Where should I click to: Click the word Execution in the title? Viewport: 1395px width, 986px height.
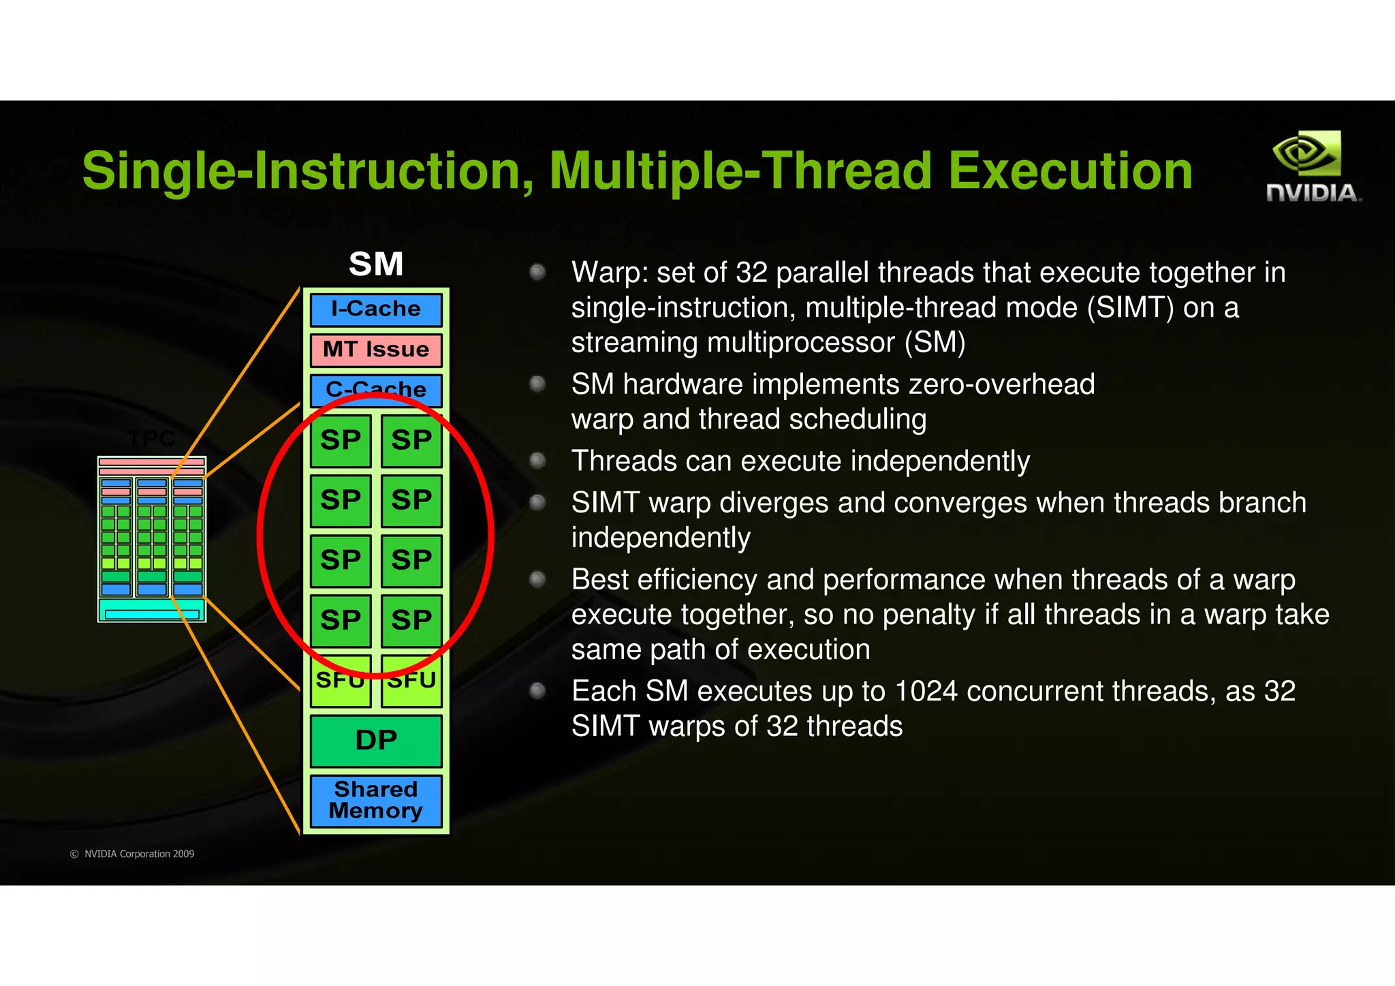[1070, 170]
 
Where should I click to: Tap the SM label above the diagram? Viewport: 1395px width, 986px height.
[376, 264]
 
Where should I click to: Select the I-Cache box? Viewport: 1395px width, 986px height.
[376, 309]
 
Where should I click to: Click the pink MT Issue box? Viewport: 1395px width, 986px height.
[376, 350]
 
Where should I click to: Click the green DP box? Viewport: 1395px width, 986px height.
[376, 740]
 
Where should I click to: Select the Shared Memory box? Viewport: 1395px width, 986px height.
[376, 800]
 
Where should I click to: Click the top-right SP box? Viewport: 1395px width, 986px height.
[411, 440]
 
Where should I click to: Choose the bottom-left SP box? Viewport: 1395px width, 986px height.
[340, 620]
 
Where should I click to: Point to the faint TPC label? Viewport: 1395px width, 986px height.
[153, 439]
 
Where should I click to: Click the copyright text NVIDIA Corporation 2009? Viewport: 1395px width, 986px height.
[139, 854]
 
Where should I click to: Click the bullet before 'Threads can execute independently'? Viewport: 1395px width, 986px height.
[537, 461]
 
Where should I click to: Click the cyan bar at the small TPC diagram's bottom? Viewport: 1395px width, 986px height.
[152, 614]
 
